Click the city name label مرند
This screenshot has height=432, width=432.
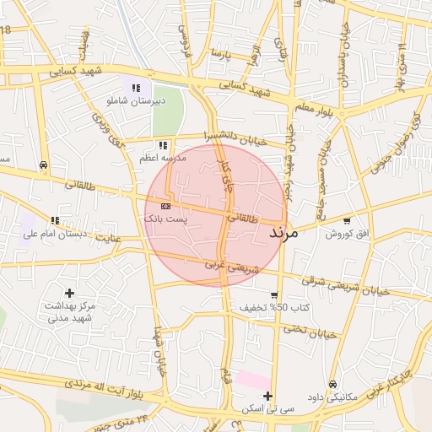tap(283, 232)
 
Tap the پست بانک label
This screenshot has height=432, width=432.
tap(166, 219)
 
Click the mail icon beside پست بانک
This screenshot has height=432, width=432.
tap(165, 205)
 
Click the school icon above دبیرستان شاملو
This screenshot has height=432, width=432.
tap(135, 87)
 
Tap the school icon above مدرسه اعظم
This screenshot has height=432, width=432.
tap(163, 145)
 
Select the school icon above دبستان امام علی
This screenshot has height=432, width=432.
tap(56, 220)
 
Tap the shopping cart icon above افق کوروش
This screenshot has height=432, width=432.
tap(347, 220)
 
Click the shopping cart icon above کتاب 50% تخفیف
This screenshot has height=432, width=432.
tap(274, 294)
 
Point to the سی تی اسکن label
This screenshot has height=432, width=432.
tap(267, 408)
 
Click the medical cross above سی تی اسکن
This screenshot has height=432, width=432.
tap(267, 396)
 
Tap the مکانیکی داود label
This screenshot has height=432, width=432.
tap(333, 397)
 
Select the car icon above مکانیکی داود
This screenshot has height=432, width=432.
tap(332, 384)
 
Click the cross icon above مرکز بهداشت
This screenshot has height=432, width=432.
tap(69, 292)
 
